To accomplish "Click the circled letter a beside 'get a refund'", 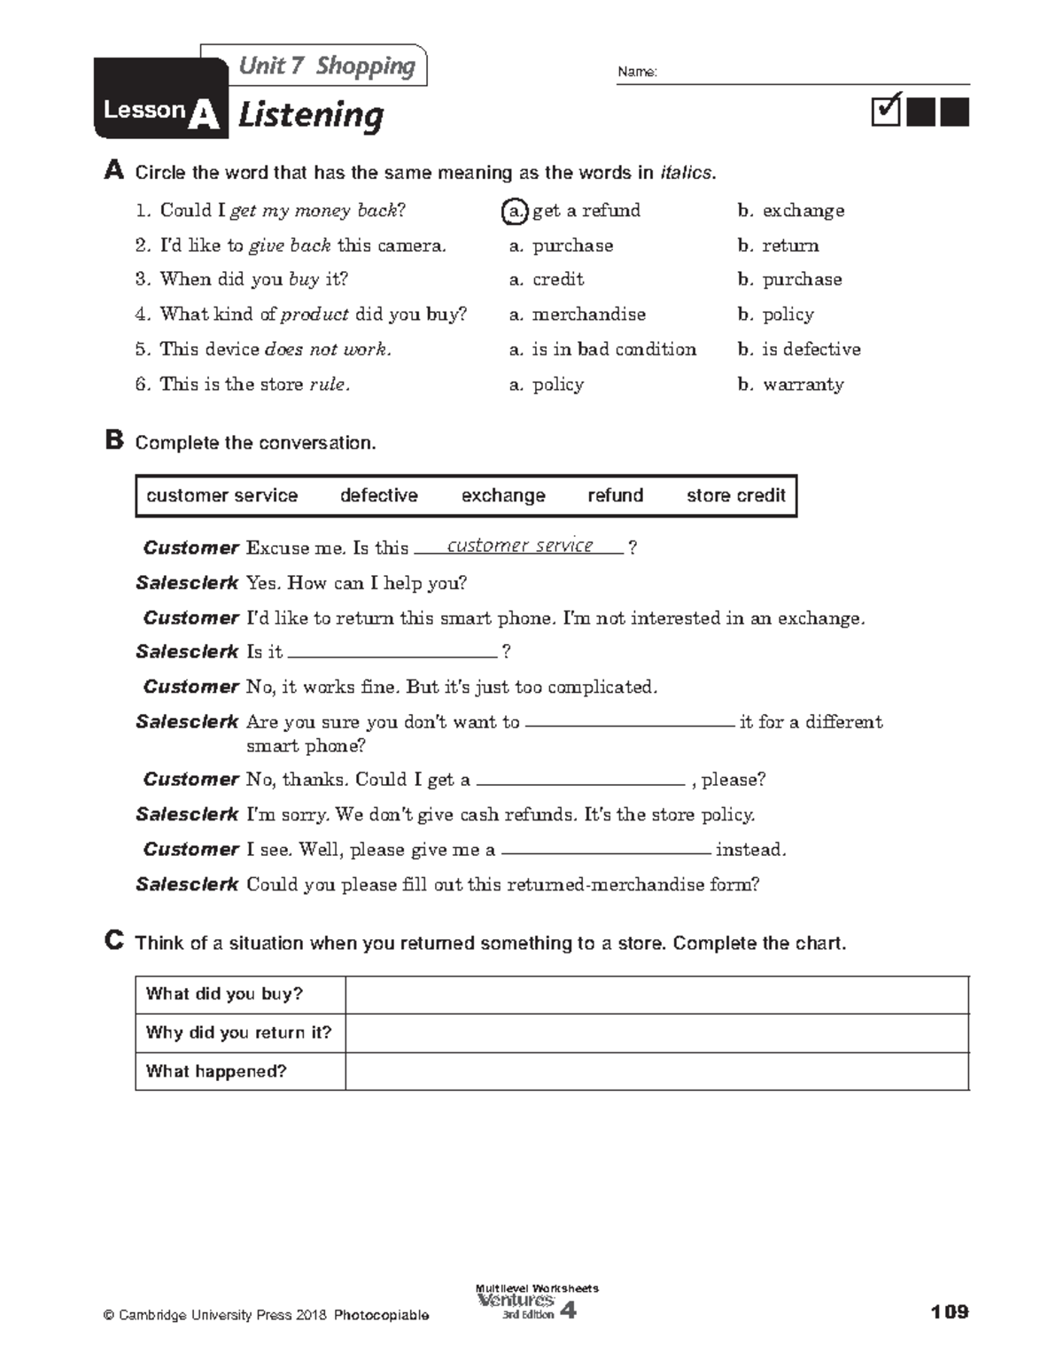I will click(x=513, y=211).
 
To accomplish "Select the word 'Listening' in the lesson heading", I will click(x=311, y=115).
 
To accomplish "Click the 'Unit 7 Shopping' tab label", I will click(x=326, y=66).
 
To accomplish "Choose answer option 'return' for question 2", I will click(x=790, y=245).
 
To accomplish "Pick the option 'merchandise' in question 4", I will click(x=588, y=315).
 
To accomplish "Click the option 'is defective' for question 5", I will click(x=811, y=349).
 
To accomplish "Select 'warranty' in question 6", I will click(x=803, y=385).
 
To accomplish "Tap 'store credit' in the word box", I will click(x=735, y=495).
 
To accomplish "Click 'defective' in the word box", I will click(x=379, y=495).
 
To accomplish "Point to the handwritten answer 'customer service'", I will click(x=520, y=546).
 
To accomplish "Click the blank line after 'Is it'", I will click(x=392, y=652).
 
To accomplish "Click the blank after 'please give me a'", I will click(x=606, y=850).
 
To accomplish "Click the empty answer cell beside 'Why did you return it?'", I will click(x=656, y=1033).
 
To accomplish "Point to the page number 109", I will click(x=950, y=1311).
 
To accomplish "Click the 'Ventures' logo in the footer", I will click(x=516, y=1301).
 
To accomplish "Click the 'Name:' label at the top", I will click(x=637, y=73).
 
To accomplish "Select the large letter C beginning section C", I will click(x=113, y=941).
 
